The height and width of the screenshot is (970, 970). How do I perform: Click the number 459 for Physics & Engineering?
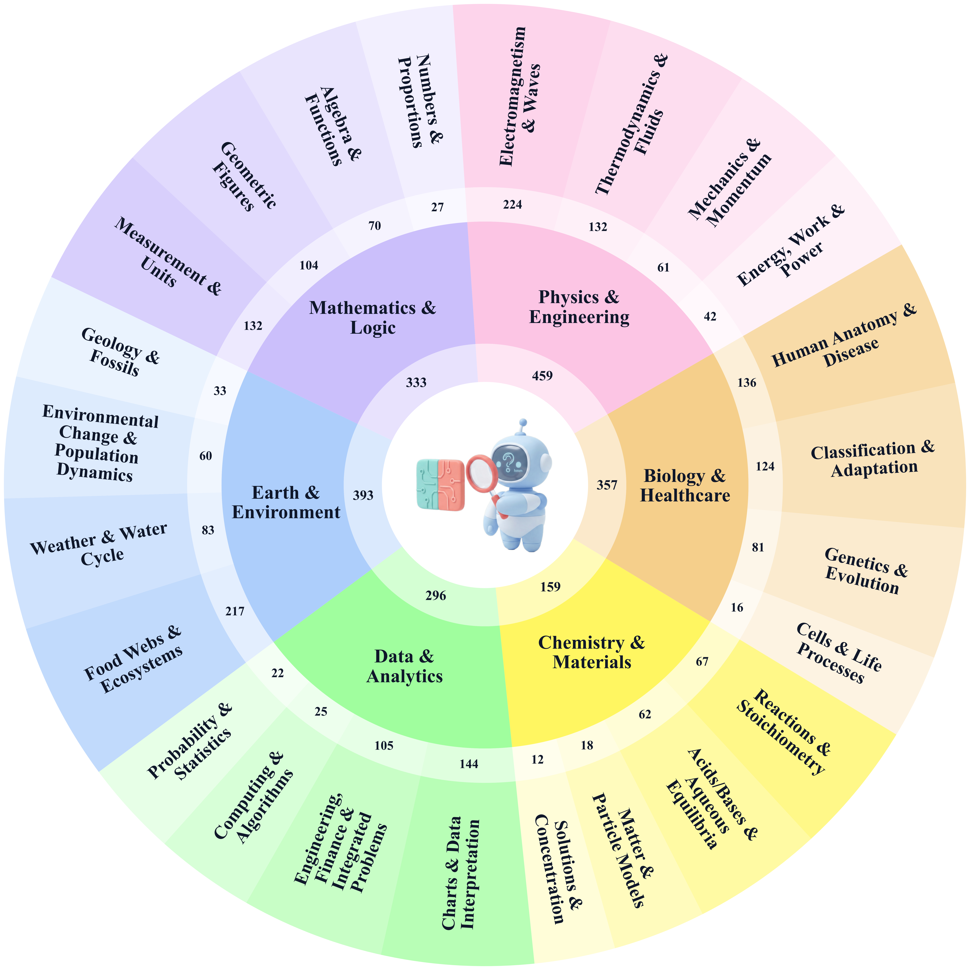(542, 376)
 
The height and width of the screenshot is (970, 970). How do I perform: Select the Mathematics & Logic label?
(373, 317)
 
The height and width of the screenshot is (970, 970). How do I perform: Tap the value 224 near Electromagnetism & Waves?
(513, 204)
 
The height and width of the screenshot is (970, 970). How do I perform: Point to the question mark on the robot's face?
(508, 459)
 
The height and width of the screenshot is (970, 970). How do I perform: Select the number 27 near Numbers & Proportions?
(437, 207)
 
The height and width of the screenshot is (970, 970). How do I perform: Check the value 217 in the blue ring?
(234, 611)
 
